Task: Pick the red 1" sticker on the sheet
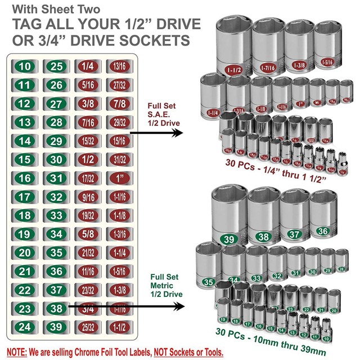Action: (x=119, y=178)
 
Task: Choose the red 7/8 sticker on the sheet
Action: (x=119, y=103)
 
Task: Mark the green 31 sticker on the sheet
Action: (x=56, y=178)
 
